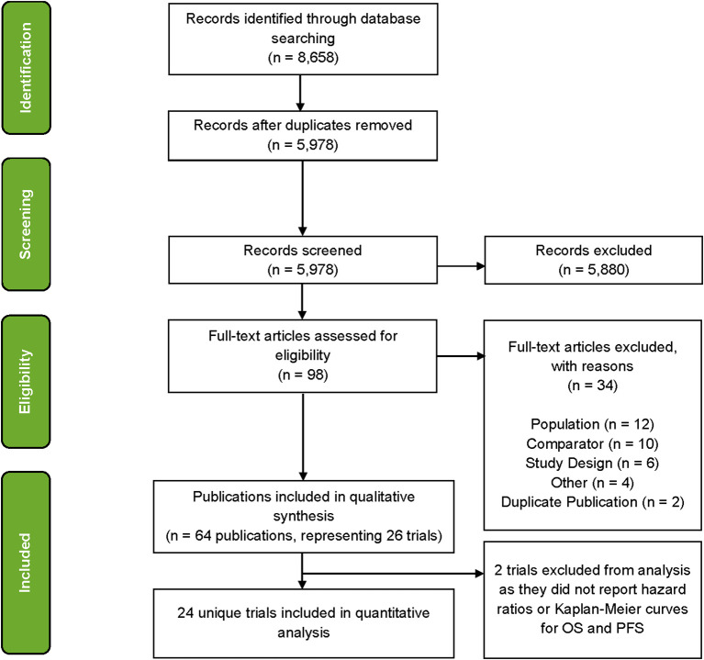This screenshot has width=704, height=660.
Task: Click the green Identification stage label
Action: (x=26, y=68)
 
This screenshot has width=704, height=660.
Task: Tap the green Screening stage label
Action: (x=26, y=224)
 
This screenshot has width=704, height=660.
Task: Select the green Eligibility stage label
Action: (x=26, y=381)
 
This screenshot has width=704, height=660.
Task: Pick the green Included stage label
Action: (x=26, y=563)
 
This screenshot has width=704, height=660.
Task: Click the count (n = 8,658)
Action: (x=303, y=58)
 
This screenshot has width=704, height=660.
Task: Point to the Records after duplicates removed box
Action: (x=303, y=136)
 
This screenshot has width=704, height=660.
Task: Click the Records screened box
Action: (x=303, y=260)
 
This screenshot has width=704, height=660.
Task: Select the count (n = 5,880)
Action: (x=594, y=269)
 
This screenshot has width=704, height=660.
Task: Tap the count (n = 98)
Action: (x=303, y=375)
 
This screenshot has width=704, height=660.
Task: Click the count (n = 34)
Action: (x=593, y=386)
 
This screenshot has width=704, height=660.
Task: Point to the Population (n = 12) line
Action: (x=592, y=424)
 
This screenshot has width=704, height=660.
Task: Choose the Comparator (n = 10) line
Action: (x=592, y=443)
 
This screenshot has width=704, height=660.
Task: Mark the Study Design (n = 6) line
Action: (x=592, y=463)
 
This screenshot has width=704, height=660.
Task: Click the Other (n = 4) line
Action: (x=592, y=483)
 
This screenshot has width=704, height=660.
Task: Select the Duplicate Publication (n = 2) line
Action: (x=592, y=502)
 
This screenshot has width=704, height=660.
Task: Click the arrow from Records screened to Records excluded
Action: (x=461, y=266)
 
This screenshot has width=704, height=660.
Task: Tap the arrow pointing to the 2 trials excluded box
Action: (x=393, y=574)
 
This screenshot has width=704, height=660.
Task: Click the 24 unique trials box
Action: (x=304, y=623)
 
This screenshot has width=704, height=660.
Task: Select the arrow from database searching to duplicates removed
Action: (x=300, y=93)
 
